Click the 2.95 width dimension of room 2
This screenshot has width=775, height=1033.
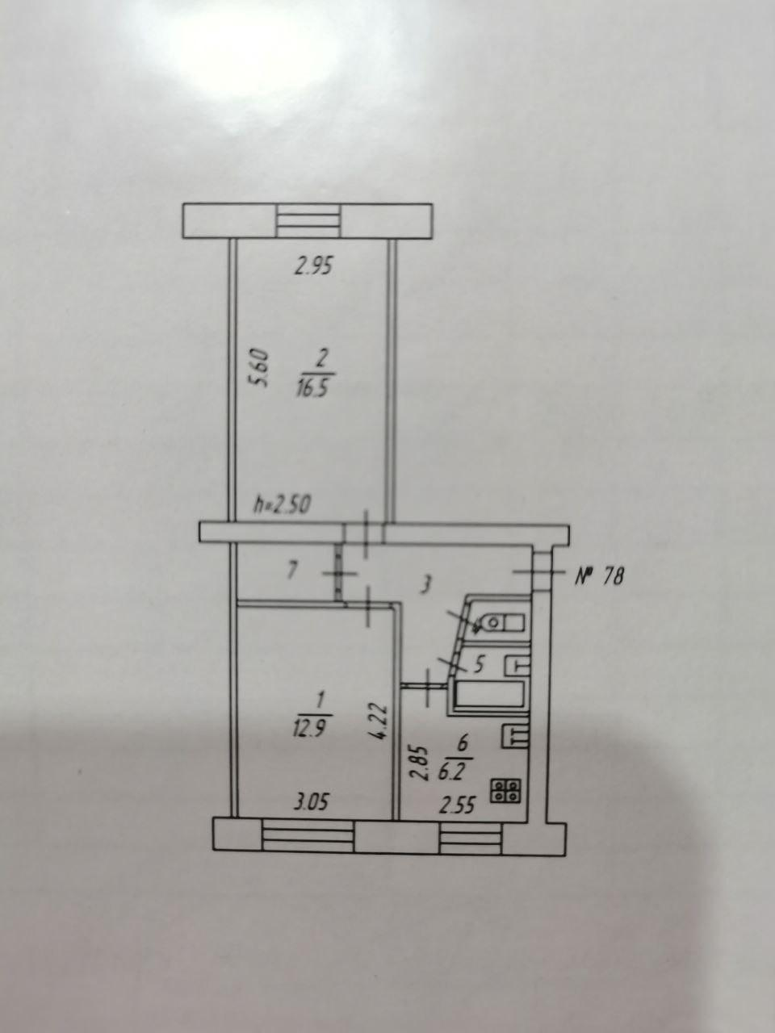314,267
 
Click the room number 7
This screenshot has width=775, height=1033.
292,571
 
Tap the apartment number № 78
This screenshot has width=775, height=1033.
599,576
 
